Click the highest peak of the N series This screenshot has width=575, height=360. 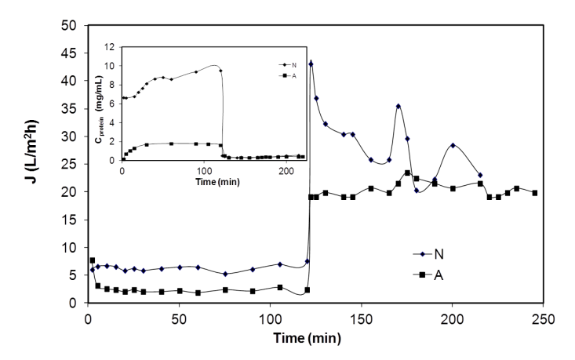(x=311, y=64)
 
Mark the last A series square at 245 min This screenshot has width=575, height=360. (x=535, y=193)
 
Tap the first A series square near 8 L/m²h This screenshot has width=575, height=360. (x=93, y=260)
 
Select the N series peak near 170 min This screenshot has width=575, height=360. (x=398, y=106)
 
